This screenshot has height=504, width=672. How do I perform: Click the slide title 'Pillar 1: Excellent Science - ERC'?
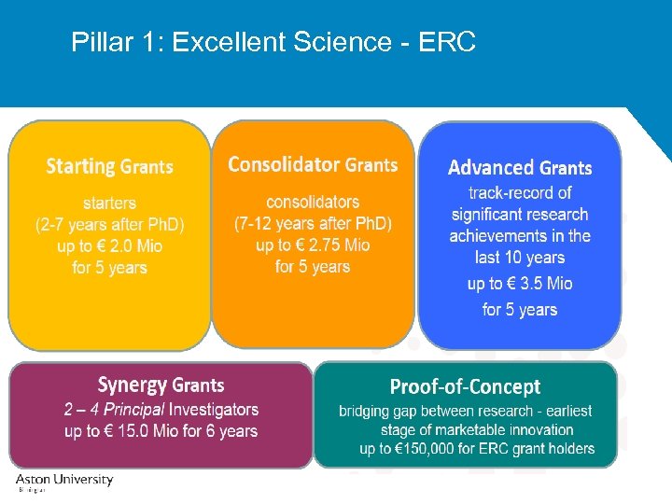point(273,42)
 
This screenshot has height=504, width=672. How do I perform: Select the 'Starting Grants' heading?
point(109,167)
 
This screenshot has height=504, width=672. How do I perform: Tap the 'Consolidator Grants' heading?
point(313,165)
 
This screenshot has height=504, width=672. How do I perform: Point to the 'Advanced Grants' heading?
point(520,168)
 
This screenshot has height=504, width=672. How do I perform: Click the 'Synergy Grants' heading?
point(161,385)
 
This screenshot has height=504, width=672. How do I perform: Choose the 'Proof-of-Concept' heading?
point(465,386)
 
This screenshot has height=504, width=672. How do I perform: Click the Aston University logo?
point(63,481)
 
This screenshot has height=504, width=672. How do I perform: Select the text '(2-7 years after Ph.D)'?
point(109,225)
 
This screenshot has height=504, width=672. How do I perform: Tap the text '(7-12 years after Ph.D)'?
point(313,224)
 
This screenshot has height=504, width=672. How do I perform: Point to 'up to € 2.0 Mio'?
point(109,246)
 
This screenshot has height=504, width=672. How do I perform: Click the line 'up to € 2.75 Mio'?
point(313,245)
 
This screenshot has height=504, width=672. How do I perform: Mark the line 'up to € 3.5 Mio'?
point(520,284)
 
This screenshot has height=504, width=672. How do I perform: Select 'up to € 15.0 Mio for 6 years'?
point(161,431)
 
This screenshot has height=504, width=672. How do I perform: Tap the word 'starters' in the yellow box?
point(109,203)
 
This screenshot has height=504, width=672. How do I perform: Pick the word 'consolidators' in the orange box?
point(313,202)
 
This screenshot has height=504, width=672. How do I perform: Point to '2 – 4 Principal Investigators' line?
point(161,410)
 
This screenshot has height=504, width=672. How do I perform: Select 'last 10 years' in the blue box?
point(520,258)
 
